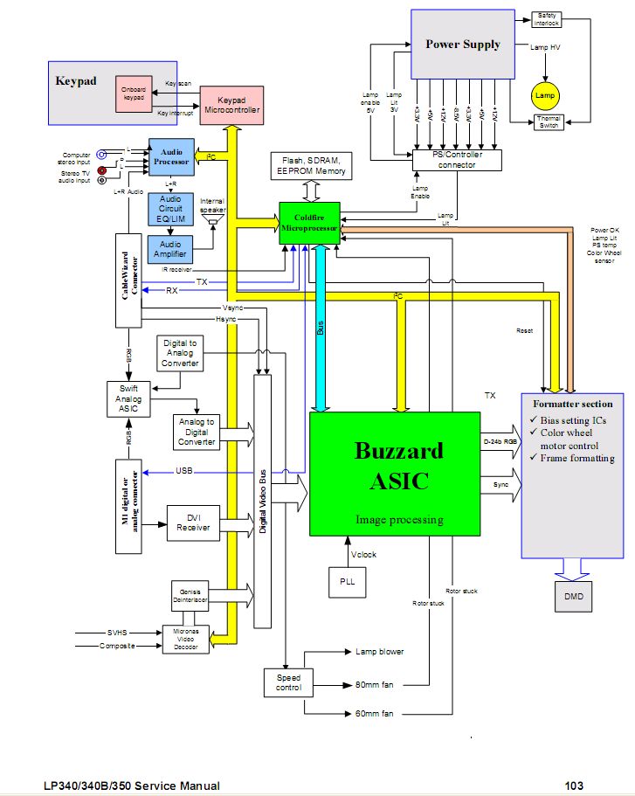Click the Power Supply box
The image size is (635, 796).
click(x=462, y=44)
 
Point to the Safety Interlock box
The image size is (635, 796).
click(x=547, y=17)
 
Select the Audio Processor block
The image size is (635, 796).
click(x=171, y=156)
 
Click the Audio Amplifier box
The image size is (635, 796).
click(x=171, y=250)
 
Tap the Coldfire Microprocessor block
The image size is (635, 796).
click(x=309, y=224)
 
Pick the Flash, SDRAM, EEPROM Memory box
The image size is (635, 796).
click(x=312, y=165)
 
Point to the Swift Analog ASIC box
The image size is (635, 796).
click(x=129, y=398)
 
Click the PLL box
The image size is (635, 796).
click(x=346, y=581)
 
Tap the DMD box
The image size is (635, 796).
click(x=573, y=595)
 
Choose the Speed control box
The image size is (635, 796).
click(x=288, y=682)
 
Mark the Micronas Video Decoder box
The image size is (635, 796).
click(x=186, y=639)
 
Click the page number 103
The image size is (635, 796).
click(x=573, y=786)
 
